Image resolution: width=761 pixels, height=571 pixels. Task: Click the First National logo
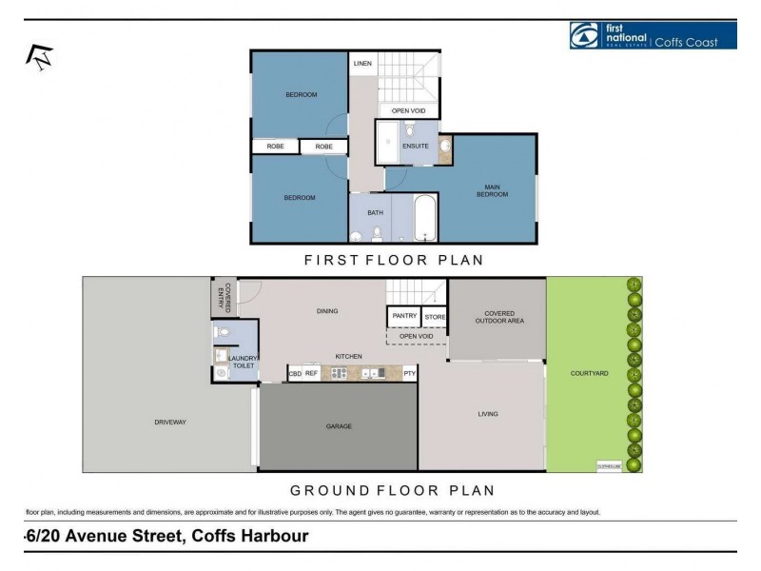click(x=652, y=35)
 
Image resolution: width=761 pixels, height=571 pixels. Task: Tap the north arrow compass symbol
click(x=40, y=57)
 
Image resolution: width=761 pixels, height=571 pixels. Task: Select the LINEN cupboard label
click(x=362, y=64)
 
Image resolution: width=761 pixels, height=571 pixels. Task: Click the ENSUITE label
click(x=416, y=146)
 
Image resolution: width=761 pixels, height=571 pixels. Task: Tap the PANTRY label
click(x=402, y=316)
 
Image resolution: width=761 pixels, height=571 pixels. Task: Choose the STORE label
click(x=435, y=316)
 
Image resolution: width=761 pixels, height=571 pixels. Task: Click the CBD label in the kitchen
click(x=295, y=374)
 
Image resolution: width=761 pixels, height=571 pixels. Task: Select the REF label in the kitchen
click(x=311, y=374)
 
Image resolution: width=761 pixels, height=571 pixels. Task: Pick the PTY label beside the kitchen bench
click(x=409, y=374)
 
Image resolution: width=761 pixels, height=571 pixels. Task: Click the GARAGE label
click(x=339, y=426)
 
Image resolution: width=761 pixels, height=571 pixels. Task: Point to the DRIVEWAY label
click(x=169, y=422)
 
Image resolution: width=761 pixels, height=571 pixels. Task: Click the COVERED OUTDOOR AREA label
click(x=499, y=317)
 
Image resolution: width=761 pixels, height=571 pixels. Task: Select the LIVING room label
click(x=488, y=414)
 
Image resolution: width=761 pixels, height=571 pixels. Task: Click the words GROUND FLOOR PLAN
click(x=392, y=491)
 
